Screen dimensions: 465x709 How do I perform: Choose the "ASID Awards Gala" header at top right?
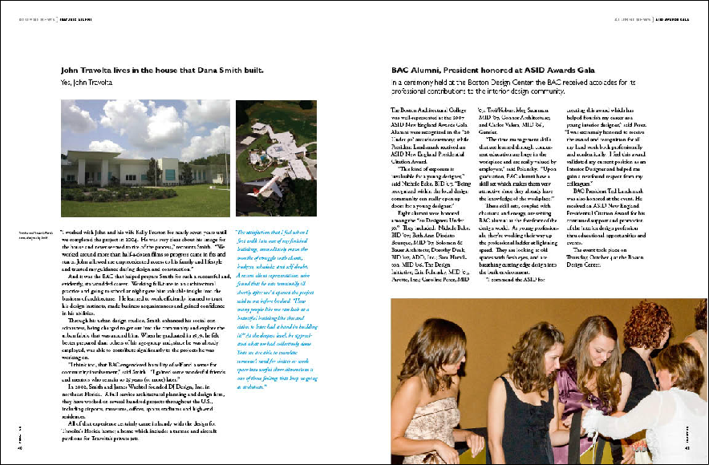678,19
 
